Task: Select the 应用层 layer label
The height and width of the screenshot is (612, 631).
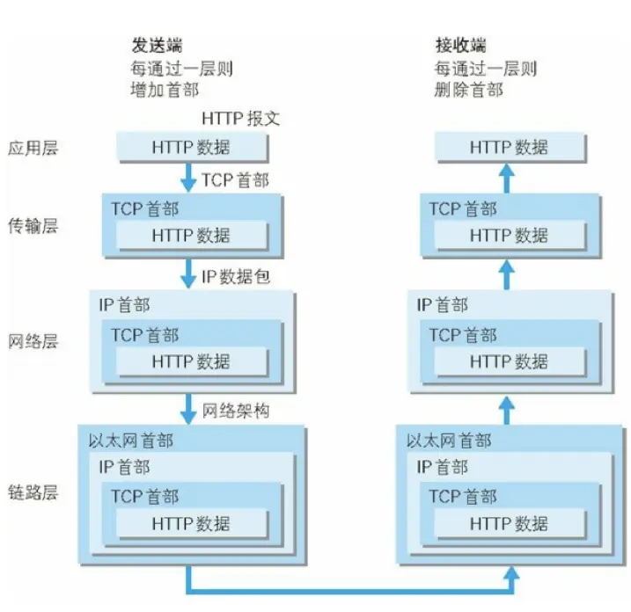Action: click(33, 147)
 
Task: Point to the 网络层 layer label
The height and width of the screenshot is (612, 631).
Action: click(33, 341)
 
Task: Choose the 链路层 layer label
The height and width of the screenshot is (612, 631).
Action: click(33, 492)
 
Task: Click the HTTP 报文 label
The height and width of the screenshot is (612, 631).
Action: click(240, 119)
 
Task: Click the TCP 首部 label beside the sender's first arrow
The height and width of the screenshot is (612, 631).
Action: click(235, 180)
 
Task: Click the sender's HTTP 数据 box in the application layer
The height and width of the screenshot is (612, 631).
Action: click(191, 146)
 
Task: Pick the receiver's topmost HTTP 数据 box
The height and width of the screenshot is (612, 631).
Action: click(509, 146)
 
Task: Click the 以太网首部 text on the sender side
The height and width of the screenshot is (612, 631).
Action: click(131, 440)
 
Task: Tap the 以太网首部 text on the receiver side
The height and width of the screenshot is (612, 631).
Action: click(449, 440)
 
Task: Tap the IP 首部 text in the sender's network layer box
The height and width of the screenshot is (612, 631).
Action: click(124, 305)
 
